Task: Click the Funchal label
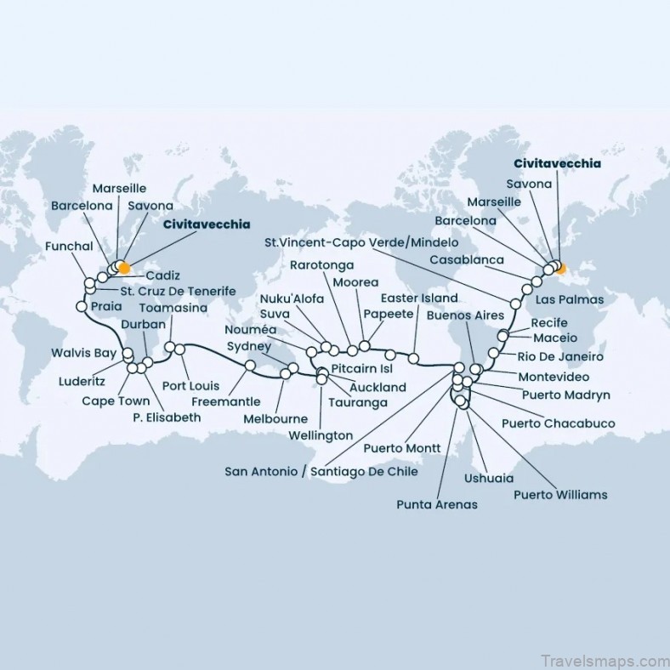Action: pos(71,247)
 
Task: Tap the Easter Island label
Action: pos(419,298)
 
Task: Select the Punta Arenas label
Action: pos(437,504)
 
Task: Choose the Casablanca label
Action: pos(466,259)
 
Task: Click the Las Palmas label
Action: pos(571,299)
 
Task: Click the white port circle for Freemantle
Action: pos(251,366)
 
